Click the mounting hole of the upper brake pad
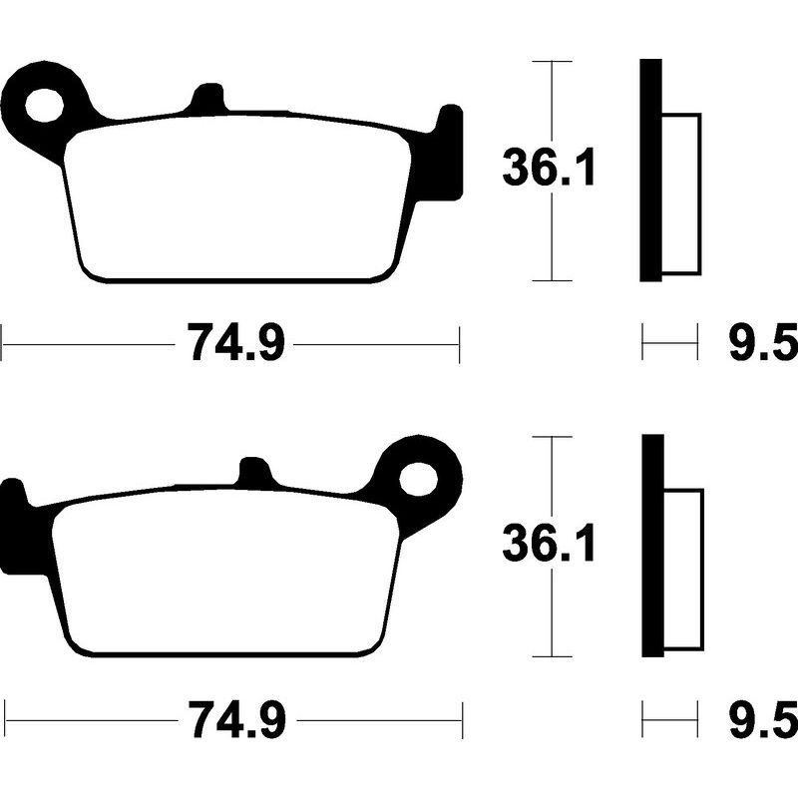(47, 104)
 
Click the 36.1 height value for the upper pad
(549, 170)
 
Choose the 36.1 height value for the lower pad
(549, 546)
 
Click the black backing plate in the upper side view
(650, 170)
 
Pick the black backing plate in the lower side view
(651, 546)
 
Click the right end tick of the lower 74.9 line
(462, 719)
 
